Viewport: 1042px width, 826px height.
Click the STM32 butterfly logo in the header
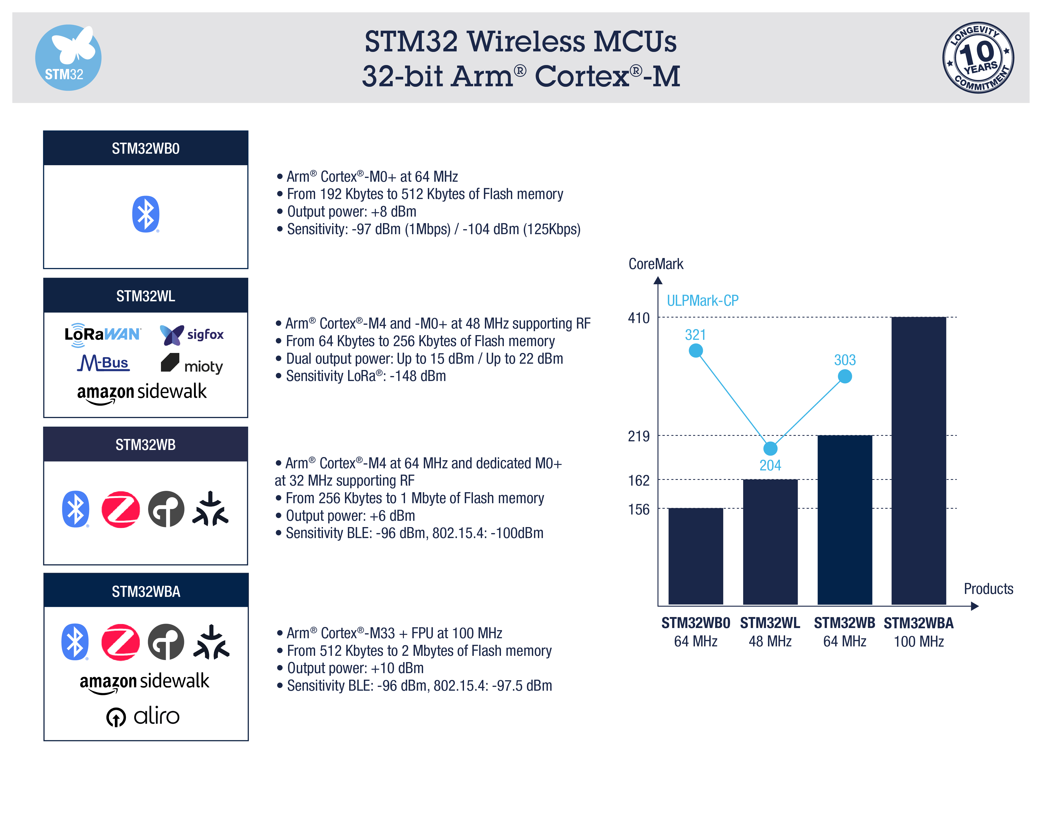pos(68,57)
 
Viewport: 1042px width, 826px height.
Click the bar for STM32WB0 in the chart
pos(695,556)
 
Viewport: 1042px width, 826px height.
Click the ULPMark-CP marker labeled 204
pos(770,448)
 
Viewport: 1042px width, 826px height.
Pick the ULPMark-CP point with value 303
pos(844,376)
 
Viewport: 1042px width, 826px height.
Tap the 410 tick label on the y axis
pos(639,318)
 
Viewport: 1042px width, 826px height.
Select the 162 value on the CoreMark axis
pos(639,480)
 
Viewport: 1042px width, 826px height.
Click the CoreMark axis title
pos(655,264)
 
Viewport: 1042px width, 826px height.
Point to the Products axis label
pos(988,589)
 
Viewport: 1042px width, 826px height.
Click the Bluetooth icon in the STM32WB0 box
pos(145,214)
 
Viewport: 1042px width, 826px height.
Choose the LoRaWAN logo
pos(102,334)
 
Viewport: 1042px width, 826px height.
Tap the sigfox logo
pos(192,334)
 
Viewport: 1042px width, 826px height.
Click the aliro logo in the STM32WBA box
pos(143,716)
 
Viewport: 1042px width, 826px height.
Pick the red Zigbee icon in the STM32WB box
pos(120,509)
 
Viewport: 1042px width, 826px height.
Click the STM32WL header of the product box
pos(145,296)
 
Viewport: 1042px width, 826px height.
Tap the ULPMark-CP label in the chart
pos(702,301)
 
